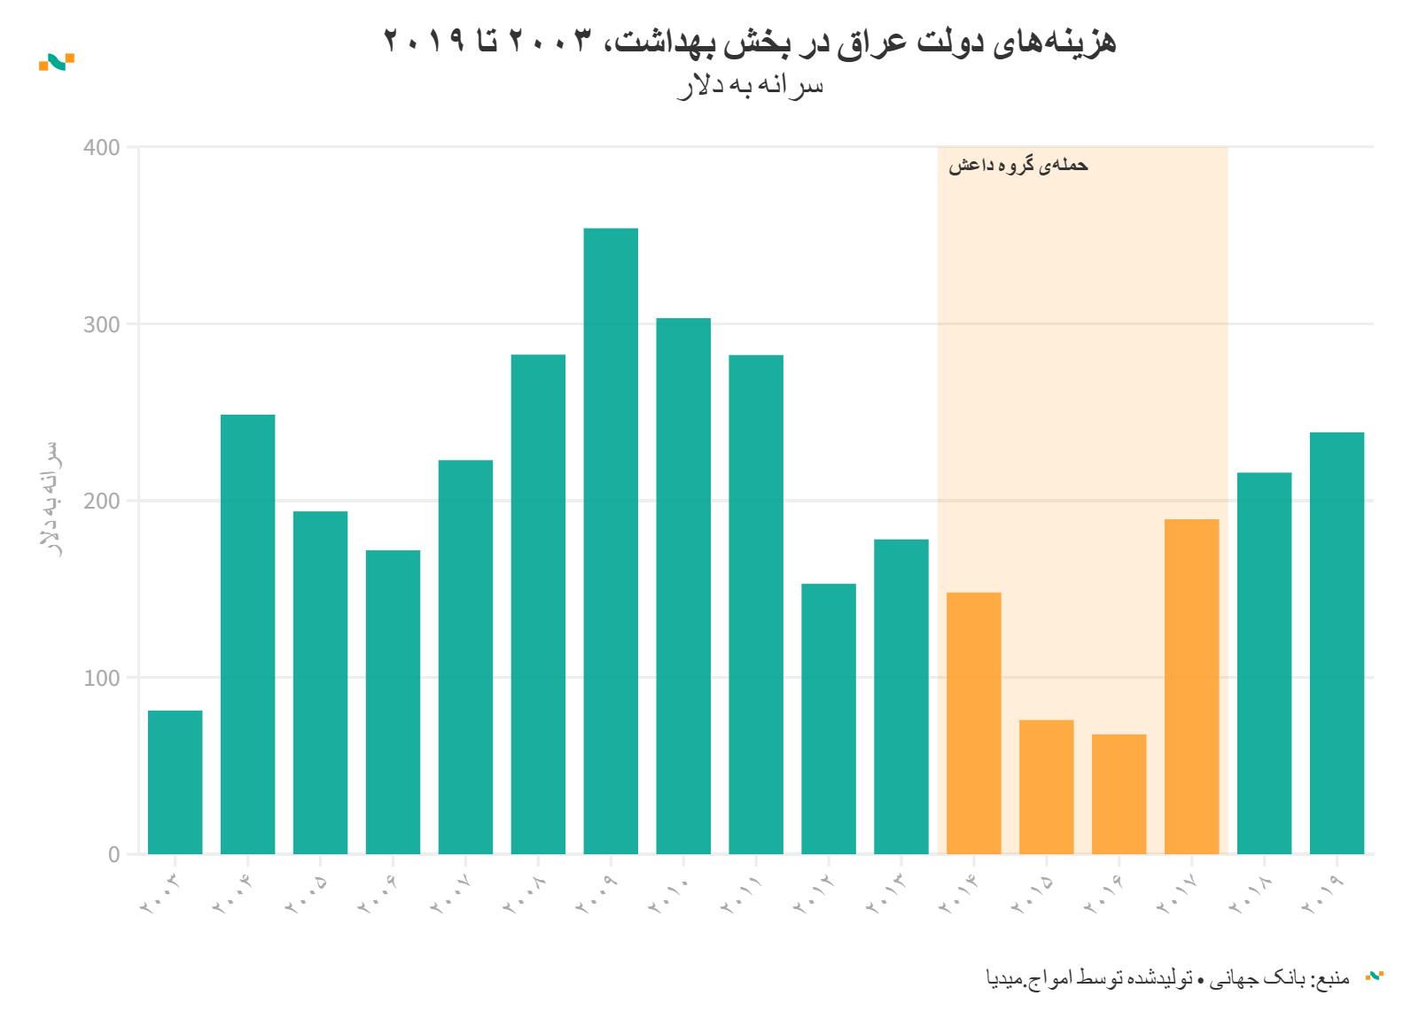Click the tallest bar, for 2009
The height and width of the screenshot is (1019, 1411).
pyautogui.click(x=611, y=541)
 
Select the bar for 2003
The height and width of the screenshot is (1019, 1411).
pyautogui.click(x=175, y=782)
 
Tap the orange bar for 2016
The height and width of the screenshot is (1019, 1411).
pyautogui.click(x=1119, y=793)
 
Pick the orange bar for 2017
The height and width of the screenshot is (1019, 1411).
pyautogui.click(x=1191, y=686)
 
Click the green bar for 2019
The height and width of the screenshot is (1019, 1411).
pyautogui.click(x=1337, y=642)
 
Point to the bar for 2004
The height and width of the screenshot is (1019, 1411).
pyautogui.click(x=247, y=634)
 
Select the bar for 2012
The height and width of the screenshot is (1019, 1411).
pyautogui.click(x=829, y=718)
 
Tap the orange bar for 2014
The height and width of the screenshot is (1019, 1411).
pyautogui.click(x=973, y=722)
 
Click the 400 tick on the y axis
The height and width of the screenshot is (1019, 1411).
pyautogui.click(x=102, y=148)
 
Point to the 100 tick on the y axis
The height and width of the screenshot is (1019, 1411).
pyautogui.click(x=102, y=679)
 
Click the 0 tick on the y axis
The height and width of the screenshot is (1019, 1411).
pyautogui.click(x=114, y=855)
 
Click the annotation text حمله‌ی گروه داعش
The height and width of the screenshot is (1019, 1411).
pyautogui.click(x=1017, y=166)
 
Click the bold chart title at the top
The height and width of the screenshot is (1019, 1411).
pyautogui.click(x=749, y=41)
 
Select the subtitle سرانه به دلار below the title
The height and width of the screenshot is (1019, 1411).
pyautogui.click(x=750, y=86)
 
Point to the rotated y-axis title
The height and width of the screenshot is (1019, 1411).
pyautogui.click(x=52, y=498)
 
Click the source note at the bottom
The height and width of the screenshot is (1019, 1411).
pyautogui.click(x=1167, y=977)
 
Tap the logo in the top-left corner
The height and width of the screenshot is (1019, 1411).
pyautogui.click(x=57, y=62)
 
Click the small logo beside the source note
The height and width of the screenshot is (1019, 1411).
pyautogui.click(x=1375, y=976)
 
